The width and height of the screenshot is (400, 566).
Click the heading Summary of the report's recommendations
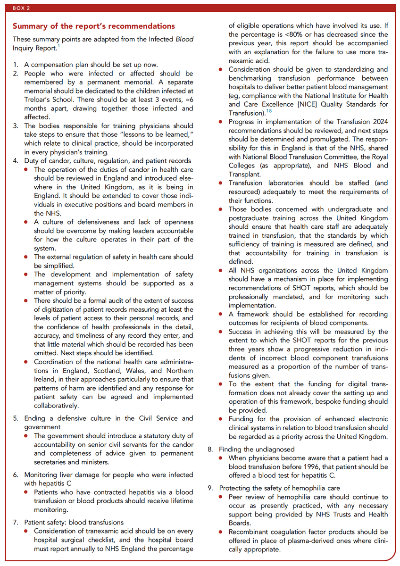tap(93, 25)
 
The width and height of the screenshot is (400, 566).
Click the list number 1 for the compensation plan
tap(15, 65)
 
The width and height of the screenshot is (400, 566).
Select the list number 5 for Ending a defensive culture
tap(15, 418)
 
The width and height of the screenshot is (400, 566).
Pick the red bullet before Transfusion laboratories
tap(221, 183)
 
